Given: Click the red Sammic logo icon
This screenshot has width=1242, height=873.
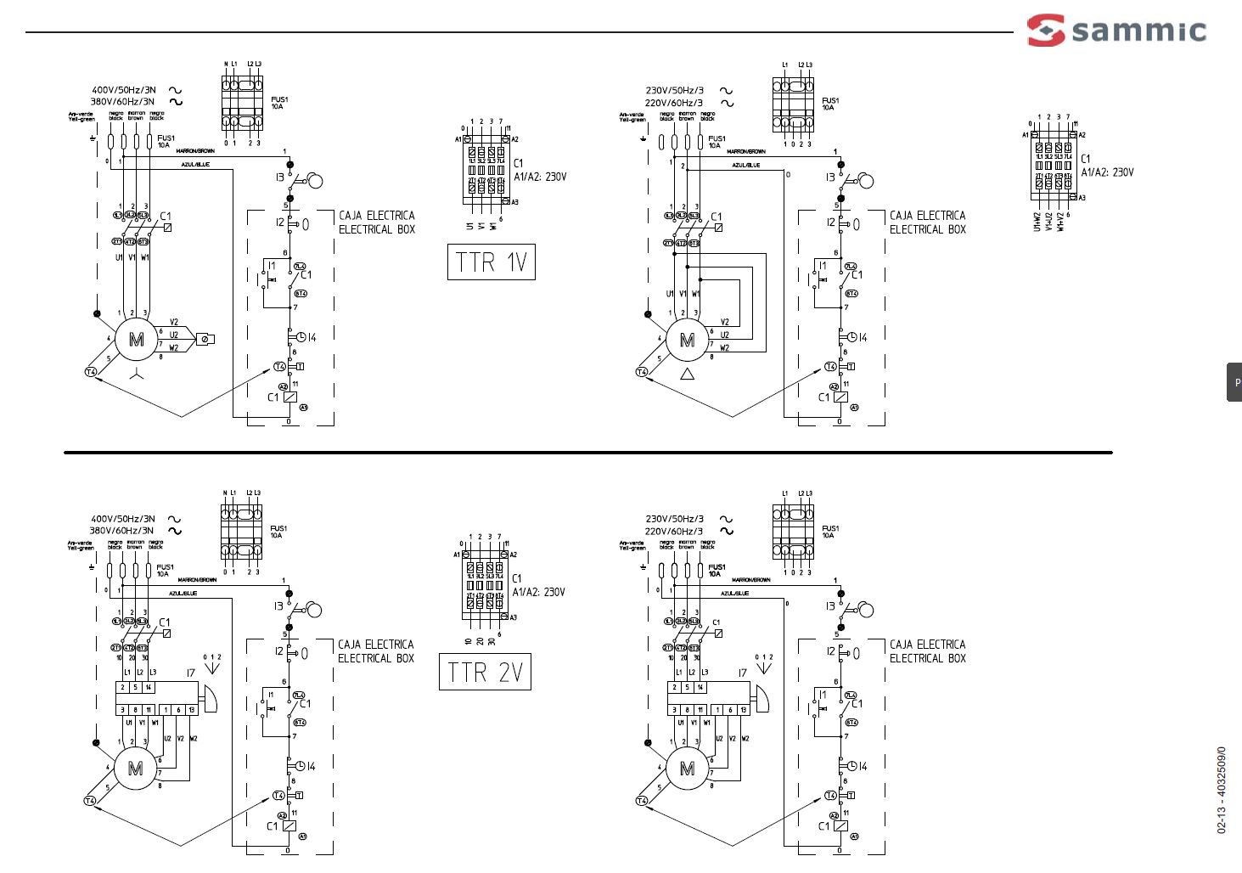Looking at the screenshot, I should coord(1046,30).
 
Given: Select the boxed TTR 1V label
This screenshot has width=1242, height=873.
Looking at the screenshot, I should coord(492,262).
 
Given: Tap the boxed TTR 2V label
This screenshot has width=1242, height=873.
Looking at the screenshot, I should coord(485,672).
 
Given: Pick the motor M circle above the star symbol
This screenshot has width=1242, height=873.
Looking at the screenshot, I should coord(136,340).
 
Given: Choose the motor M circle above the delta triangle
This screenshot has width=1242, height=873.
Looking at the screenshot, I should coord(687,340).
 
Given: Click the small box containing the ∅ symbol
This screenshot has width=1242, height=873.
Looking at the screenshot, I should coord(205,339).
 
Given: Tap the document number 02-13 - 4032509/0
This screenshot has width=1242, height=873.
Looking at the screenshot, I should coord(1221,790).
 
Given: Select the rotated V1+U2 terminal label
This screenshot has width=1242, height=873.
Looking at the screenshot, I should coord(1049,222).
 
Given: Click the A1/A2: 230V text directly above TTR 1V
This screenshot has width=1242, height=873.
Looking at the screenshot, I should coord(539,177).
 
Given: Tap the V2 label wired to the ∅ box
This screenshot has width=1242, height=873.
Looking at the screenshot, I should coord(174,323).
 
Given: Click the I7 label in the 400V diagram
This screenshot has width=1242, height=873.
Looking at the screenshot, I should coord(191,673).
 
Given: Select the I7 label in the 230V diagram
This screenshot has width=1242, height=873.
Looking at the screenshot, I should coord(742,673).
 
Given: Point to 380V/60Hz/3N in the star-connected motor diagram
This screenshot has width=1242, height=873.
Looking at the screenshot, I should coord(123,102).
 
